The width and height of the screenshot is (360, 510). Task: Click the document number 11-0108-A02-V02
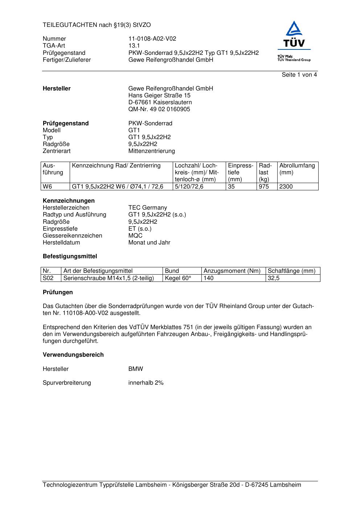[x=152, y=39]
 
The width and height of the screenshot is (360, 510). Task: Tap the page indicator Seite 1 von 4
[x=299, y=75]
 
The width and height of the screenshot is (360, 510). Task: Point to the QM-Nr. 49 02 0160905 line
[x=159, y=109]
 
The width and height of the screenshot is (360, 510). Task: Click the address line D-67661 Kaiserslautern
[x=160, y=102]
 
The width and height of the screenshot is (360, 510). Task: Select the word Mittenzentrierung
[x=151, y=151]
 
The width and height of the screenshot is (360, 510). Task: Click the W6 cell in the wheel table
[x=47, y=187]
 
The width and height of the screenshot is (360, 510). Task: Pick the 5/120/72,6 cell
[x=189, y=187]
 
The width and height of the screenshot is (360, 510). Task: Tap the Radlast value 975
[x=263, y=187]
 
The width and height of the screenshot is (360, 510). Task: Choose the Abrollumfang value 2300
[x=286, y=187]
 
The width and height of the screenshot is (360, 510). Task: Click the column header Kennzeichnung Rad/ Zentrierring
[x=116, y=166]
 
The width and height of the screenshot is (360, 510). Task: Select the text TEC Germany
[x=147, y=208]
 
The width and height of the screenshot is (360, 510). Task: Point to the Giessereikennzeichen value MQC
[x=135, y=236]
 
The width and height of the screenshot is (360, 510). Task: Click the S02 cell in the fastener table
[x=48, y=278]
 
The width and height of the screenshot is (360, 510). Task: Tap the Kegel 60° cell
[x=178, y=278]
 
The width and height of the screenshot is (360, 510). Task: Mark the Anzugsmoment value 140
[x=209, y=278]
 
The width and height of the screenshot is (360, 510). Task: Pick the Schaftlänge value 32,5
[x=274, y=278]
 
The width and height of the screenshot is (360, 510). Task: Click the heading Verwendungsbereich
[x=73, y=355]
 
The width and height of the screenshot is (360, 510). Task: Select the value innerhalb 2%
[x=146, y=383]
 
